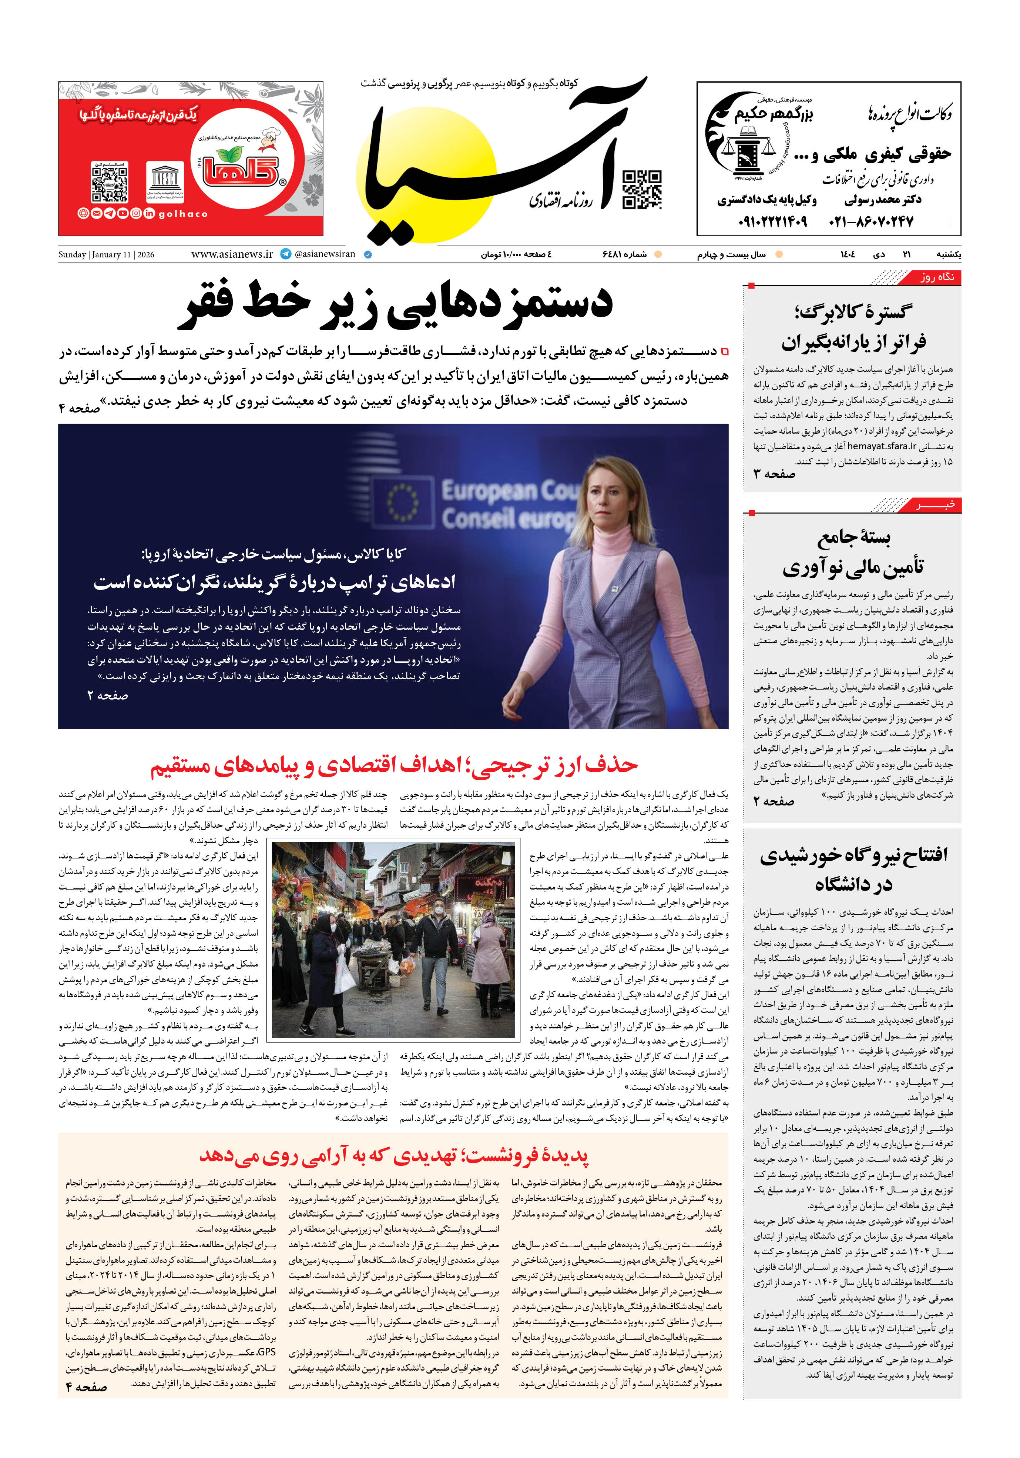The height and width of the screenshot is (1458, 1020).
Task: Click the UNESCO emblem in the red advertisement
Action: tap(165, 181)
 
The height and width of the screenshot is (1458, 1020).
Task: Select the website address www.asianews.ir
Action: tap(232, 254)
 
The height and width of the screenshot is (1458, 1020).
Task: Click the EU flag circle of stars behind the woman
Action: tap(402, 502)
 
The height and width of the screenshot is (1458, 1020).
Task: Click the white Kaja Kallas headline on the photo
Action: tap(274, 581)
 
